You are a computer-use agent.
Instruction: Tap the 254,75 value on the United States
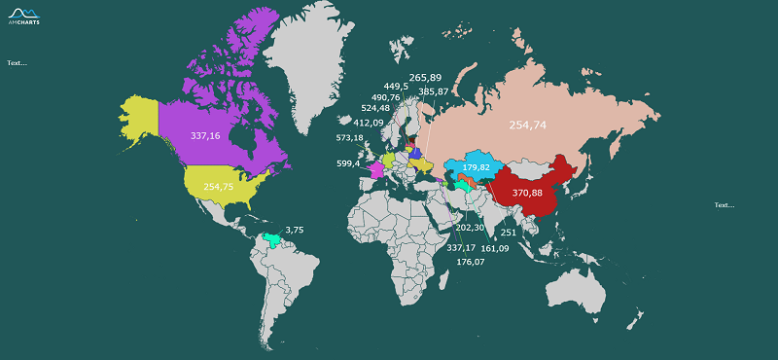(x=219, y=186)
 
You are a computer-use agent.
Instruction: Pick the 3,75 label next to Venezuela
(x=295, y=230)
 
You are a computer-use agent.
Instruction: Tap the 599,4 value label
(x=348, y=163)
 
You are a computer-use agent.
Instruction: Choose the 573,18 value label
(x=349, y=138)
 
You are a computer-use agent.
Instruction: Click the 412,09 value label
(x=368, y=123)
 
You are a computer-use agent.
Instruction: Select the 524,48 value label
(x=375, y=108)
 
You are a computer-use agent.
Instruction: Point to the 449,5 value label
(x=396, y=86)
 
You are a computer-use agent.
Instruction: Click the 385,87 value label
(x=434, y=91)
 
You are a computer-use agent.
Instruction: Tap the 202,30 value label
(x=470, y=227)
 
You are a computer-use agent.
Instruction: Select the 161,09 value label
(x=495, y=248)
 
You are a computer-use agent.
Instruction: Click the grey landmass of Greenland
(x=306, y=68)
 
